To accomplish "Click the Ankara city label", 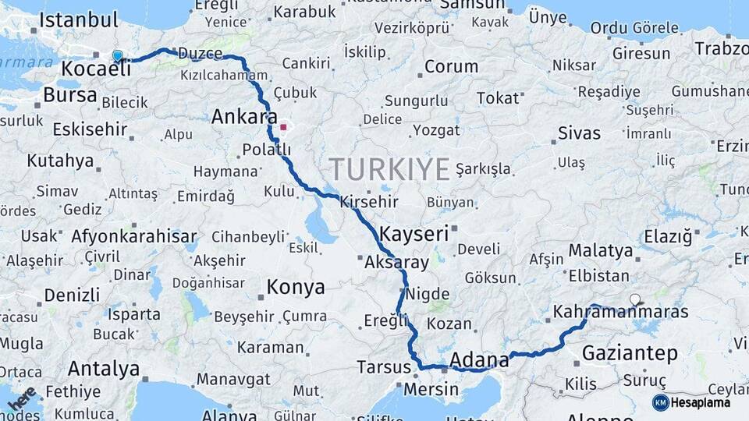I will [x=244, y=117].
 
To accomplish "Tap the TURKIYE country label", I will [x=389, y=169].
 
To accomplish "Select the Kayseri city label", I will [x=414, y=232].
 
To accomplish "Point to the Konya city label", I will [x=296, y=287].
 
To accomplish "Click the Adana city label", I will [x=480, y=360].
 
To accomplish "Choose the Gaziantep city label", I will [x=630, y=353].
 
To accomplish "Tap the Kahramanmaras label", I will [x=620, y=313].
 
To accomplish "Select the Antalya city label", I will [x=103, y=368].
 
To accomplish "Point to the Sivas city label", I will [x=579, y=133].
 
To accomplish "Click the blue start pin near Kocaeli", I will [x=118, y=55].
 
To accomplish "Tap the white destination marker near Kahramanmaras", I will [x=635, y=299].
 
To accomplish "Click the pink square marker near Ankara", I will [x=283, y=126].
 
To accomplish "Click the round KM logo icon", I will [x=660, y=402].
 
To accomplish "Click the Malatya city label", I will [x=600, y=251].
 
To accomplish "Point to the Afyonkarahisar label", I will [x=134, y=235].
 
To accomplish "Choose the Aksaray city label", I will [x=396, y=263].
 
